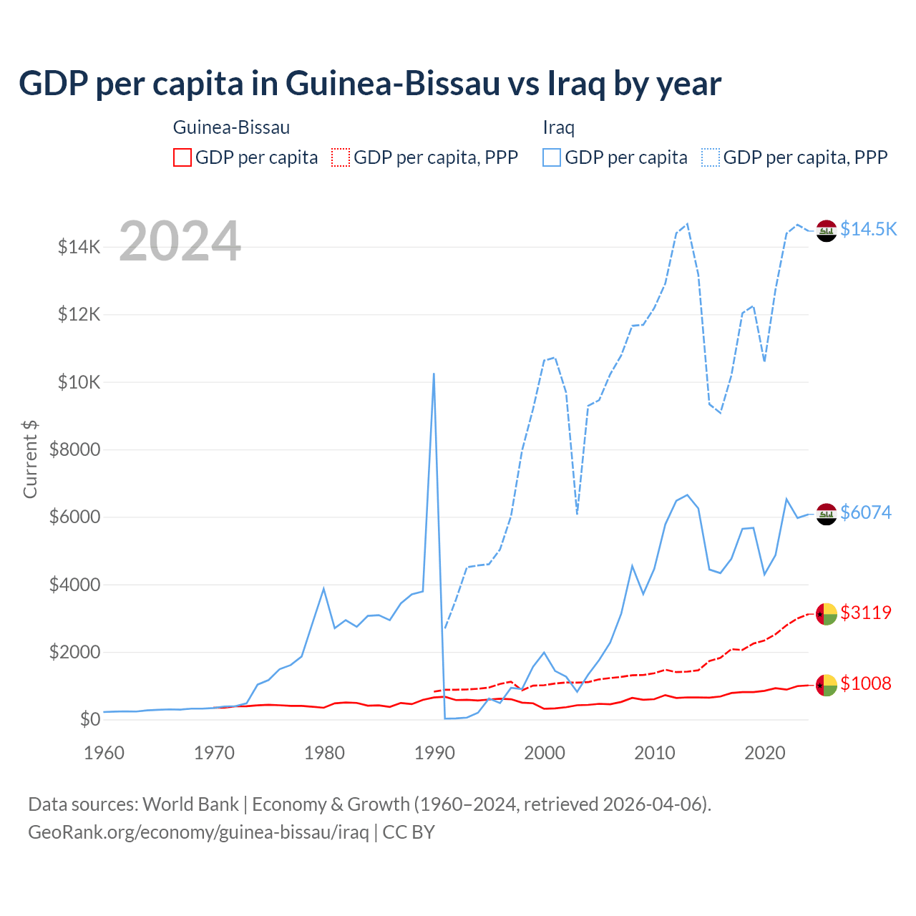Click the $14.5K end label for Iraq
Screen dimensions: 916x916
point(868,229)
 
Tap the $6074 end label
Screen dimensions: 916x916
point(866,512)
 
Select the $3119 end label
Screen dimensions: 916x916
point(866,613)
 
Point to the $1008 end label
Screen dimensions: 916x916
point(866,683)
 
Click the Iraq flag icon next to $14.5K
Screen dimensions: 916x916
point(827,231)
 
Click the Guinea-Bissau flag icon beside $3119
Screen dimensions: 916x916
point(827,614)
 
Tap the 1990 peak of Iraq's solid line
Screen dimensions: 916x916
point(434,374)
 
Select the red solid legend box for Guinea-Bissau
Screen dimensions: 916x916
point(182,157)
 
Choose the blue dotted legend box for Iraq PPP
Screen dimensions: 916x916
point(711,157)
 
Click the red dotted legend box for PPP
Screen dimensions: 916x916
point(341,157)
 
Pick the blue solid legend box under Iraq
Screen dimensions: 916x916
point(552,157)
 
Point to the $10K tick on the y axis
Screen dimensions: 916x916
point(79,382)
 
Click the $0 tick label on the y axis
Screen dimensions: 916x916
point(89,719)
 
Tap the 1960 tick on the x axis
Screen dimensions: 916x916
point(104,753)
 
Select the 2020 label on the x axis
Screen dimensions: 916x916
point(765,753)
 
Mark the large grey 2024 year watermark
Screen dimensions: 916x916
point(180,242)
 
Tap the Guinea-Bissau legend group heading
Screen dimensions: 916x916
point(231,127)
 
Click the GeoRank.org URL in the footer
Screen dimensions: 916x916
point(198,832)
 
